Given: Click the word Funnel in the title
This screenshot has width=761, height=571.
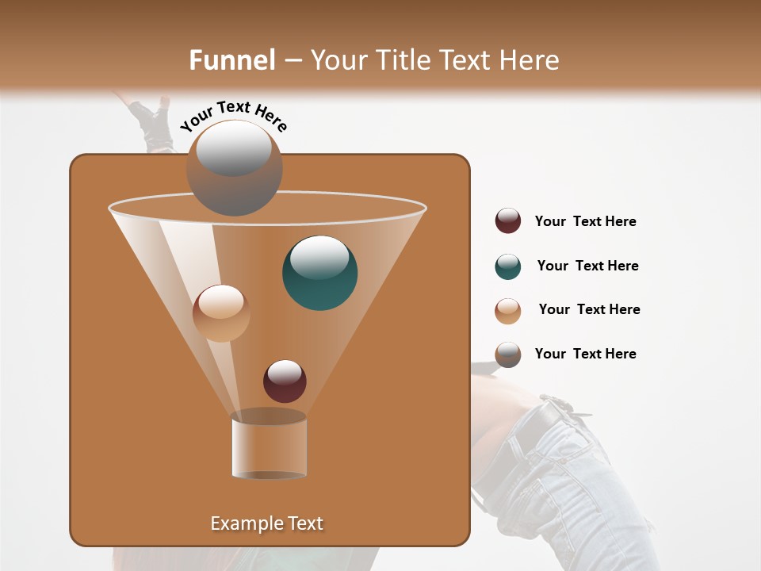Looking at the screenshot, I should click(x=232, y=60).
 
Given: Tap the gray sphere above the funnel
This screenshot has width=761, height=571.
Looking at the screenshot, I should click(x=234, y=167).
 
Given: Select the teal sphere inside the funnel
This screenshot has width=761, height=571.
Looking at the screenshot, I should click(x=320, y=273).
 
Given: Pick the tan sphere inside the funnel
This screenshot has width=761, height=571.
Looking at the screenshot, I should click(x=221, y=313).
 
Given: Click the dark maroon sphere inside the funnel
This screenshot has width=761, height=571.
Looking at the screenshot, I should click(x=285, y=381).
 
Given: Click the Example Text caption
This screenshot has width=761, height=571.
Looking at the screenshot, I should click(x=266, y=523).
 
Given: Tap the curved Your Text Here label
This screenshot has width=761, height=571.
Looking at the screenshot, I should click(x=234, y=117).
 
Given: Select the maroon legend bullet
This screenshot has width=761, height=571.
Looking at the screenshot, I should click(x=508, y=221).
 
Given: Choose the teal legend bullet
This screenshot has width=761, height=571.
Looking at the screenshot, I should click(x=508, y=266).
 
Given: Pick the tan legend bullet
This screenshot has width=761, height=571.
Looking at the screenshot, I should click(x=508, y=311).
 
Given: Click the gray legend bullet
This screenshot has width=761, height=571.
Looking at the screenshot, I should click(x=508, y=354).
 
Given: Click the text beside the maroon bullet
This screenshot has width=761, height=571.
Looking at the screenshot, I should click(x=585, y=221).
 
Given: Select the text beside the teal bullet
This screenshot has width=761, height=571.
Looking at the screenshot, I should click(x=587, y=266).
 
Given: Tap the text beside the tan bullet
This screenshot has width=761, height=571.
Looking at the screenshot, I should click(x=589, y=309).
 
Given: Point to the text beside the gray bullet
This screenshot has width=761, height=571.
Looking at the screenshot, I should click(x=585, y=354).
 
